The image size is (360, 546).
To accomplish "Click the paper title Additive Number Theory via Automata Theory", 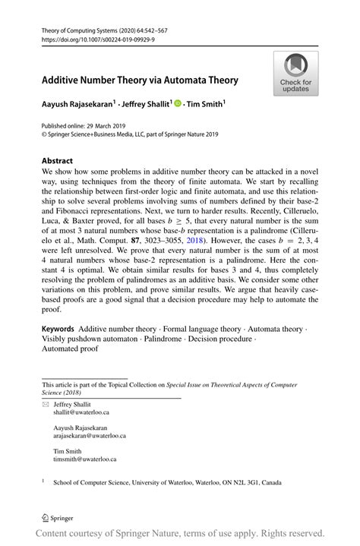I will tap(140, 80).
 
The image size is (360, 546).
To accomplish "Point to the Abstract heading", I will tap(58, 161).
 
